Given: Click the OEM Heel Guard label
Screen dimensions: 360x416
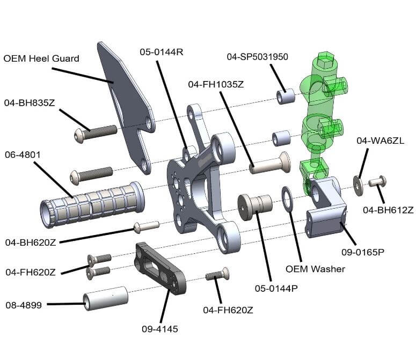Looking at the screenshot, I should pyautogui.click(x=42, y=58).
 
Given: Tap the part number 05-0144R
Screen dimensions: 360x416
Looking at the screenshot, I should pyautogui.click(x=162, y=52).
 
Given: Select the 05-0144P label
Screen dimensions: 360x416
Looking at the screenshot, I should pyautogui.click(x=276, y=288).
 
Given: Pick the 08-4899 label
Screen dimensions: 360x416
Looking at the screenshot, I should pyautogui.click(x=25, y=305).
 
